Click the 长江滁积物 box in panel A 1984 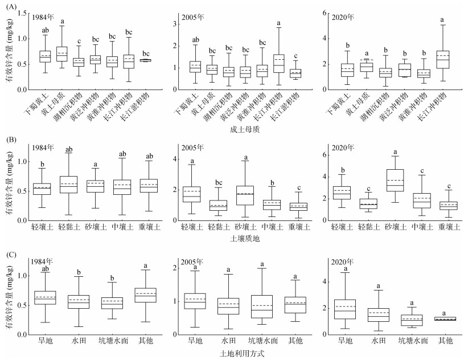[146, 60]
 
